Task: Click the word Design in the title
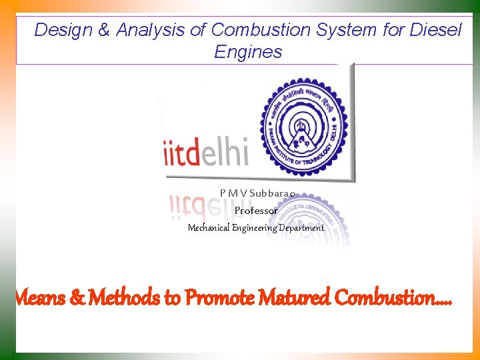tap(58, 30)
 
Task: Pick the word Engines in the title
tap(248, 52)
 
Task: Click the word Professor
tap(256, 211)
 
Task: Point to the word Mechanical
tap(208, 228)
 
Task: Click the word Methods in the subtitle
tap(125, 297)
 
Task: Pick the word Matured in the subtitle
tap(291, 297)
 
